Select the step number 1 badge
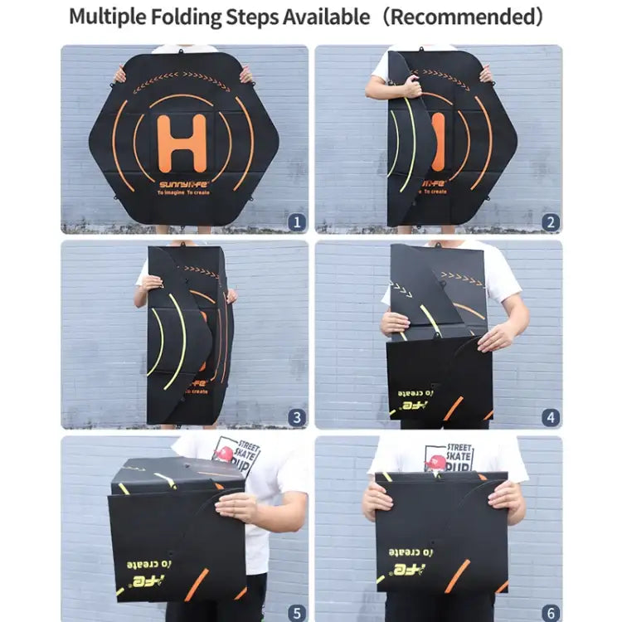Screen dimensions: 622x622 point(296,221)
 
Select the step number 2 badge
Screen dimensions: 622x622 point(551,221)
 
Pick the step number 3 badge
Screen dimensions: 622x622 point(296,417)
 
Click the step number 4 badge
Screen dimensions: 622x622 point(551,417)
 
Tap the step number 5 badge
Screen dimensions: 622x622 point(296,613)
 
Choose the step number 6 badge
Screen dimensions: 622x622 point(551,613)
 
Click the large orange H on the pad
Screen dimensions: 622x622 point(182,143)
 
